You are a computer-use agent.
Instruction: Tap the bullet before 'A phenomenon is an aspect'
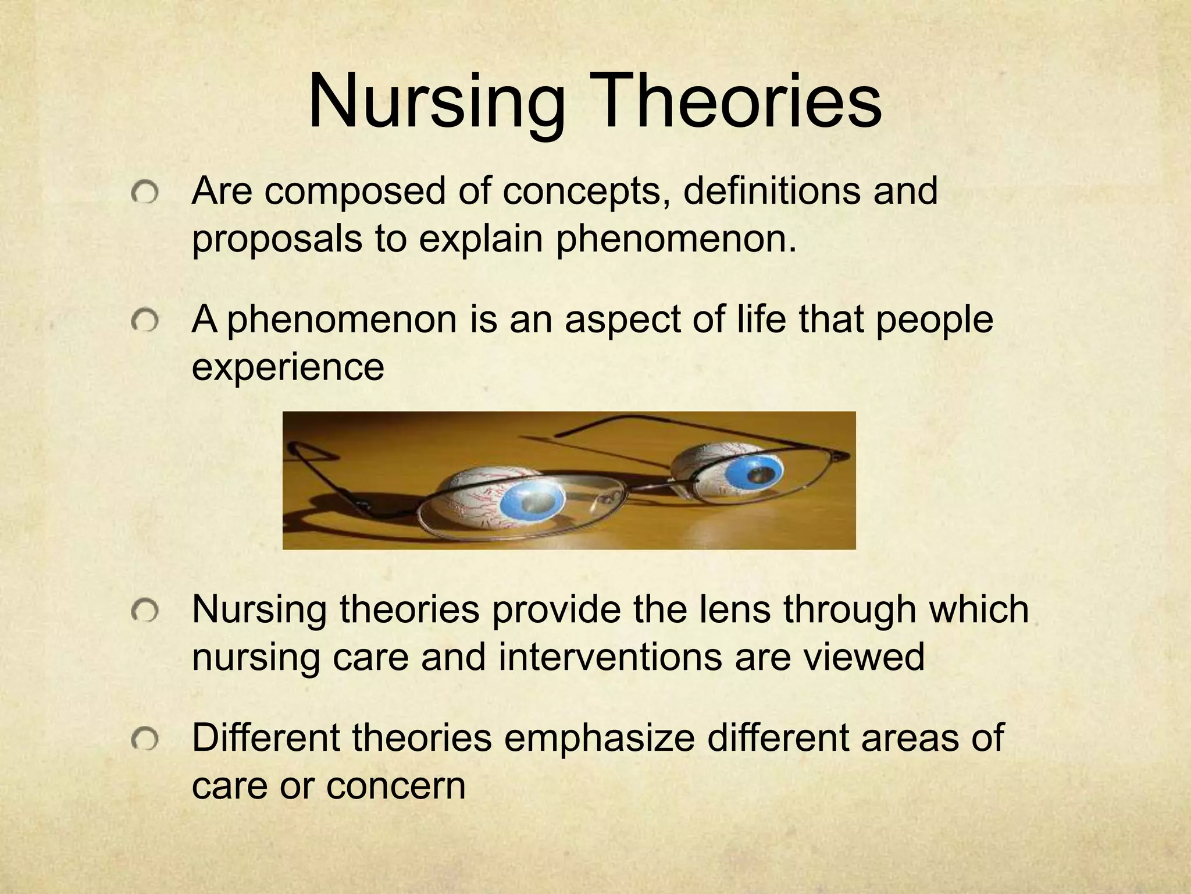pyautogui.click(x=144, y=321)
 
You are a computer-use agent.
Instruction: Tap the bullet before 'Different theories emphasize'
pyautogui.click(x=144, y=739)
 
